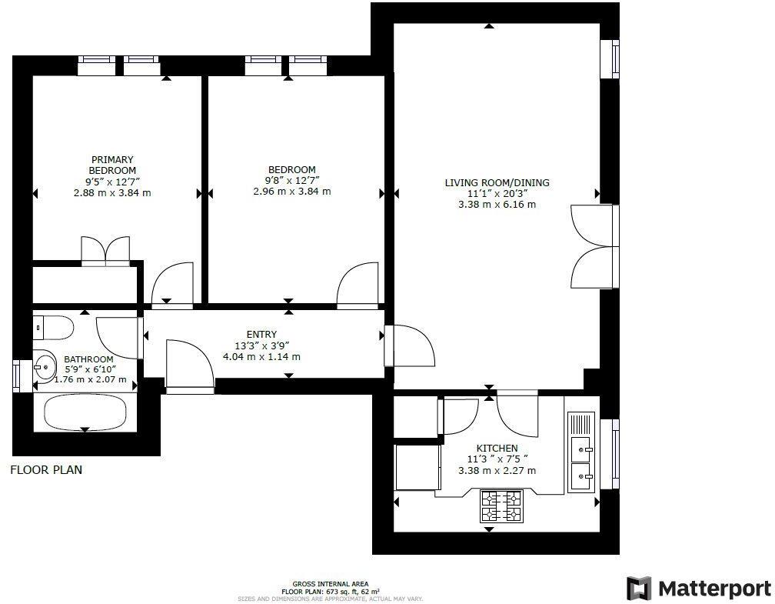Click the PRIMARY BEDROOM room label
pos(112,165)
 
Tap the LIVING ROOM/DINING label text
pos(497,182)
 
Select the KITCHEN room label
pos(497,448)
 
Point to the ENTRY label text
pos(261,334)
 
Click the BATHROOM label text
pos(88,359)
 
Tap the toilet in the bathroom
pos(53,329)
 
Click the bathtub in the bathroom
pos(85,413)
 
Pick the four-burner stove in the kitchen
pos(501,506)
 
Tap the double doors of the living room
pos(594,246)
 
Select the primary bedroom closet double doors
pos(106,251)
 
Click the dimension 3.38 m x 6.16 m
pos(497,205)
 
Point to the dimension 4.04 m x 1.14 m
pos(261,356)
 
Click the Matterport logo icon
pos(639,589)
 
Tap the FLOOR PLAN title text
pos(46,469)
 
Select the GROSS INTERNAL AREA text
pos(335,584)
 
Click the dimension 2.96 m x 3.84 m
pos(292,192)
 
